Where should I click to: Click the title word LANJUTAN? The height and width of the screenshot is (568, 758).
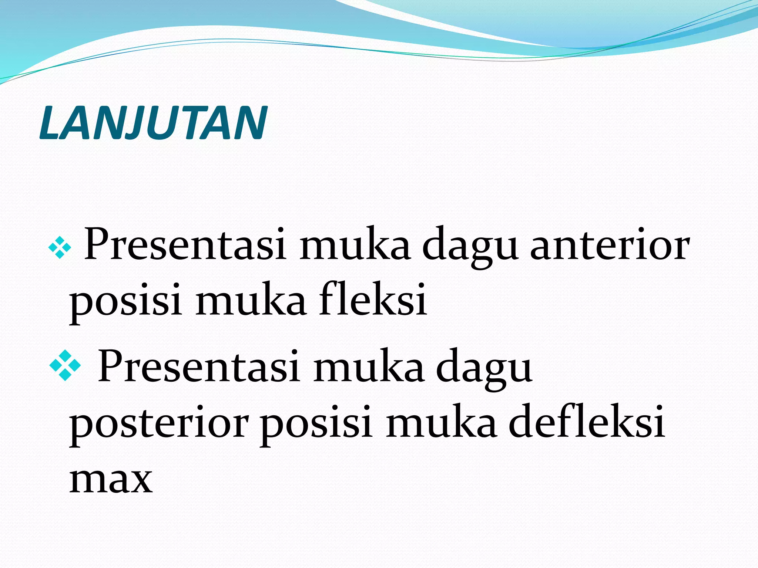pyautogui.click(x=153, y=123)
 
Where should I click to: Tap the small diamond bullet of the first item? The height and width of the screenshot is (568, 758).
pyautogui.click(x=60, y=248)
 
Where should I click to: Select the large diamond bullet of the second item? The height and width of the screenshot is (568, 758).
pyautogui.click(x=65, y=365)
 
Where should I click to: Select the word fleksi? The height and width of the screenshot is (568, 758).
pyautogui.click(x=373, y=300)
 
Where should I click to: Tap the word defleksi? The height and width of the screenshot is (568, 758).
pyautogui.click(x=587, y=422)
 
